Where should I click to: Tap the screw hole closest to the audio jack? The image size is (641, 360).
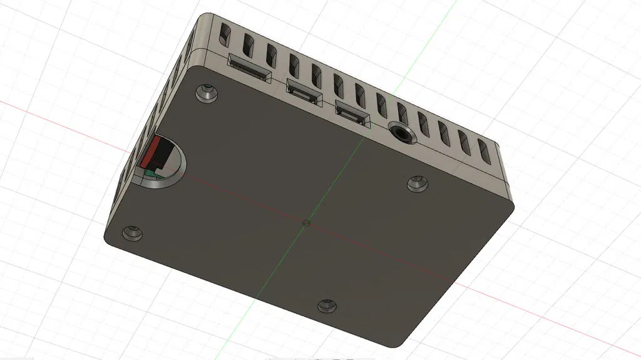417,184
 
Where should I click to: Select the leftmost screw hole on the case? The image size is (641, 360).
133,233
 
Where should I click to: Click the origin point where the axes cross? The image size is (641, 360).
305,222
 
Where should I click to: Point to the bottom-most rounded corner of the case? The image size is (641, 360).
396,343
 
